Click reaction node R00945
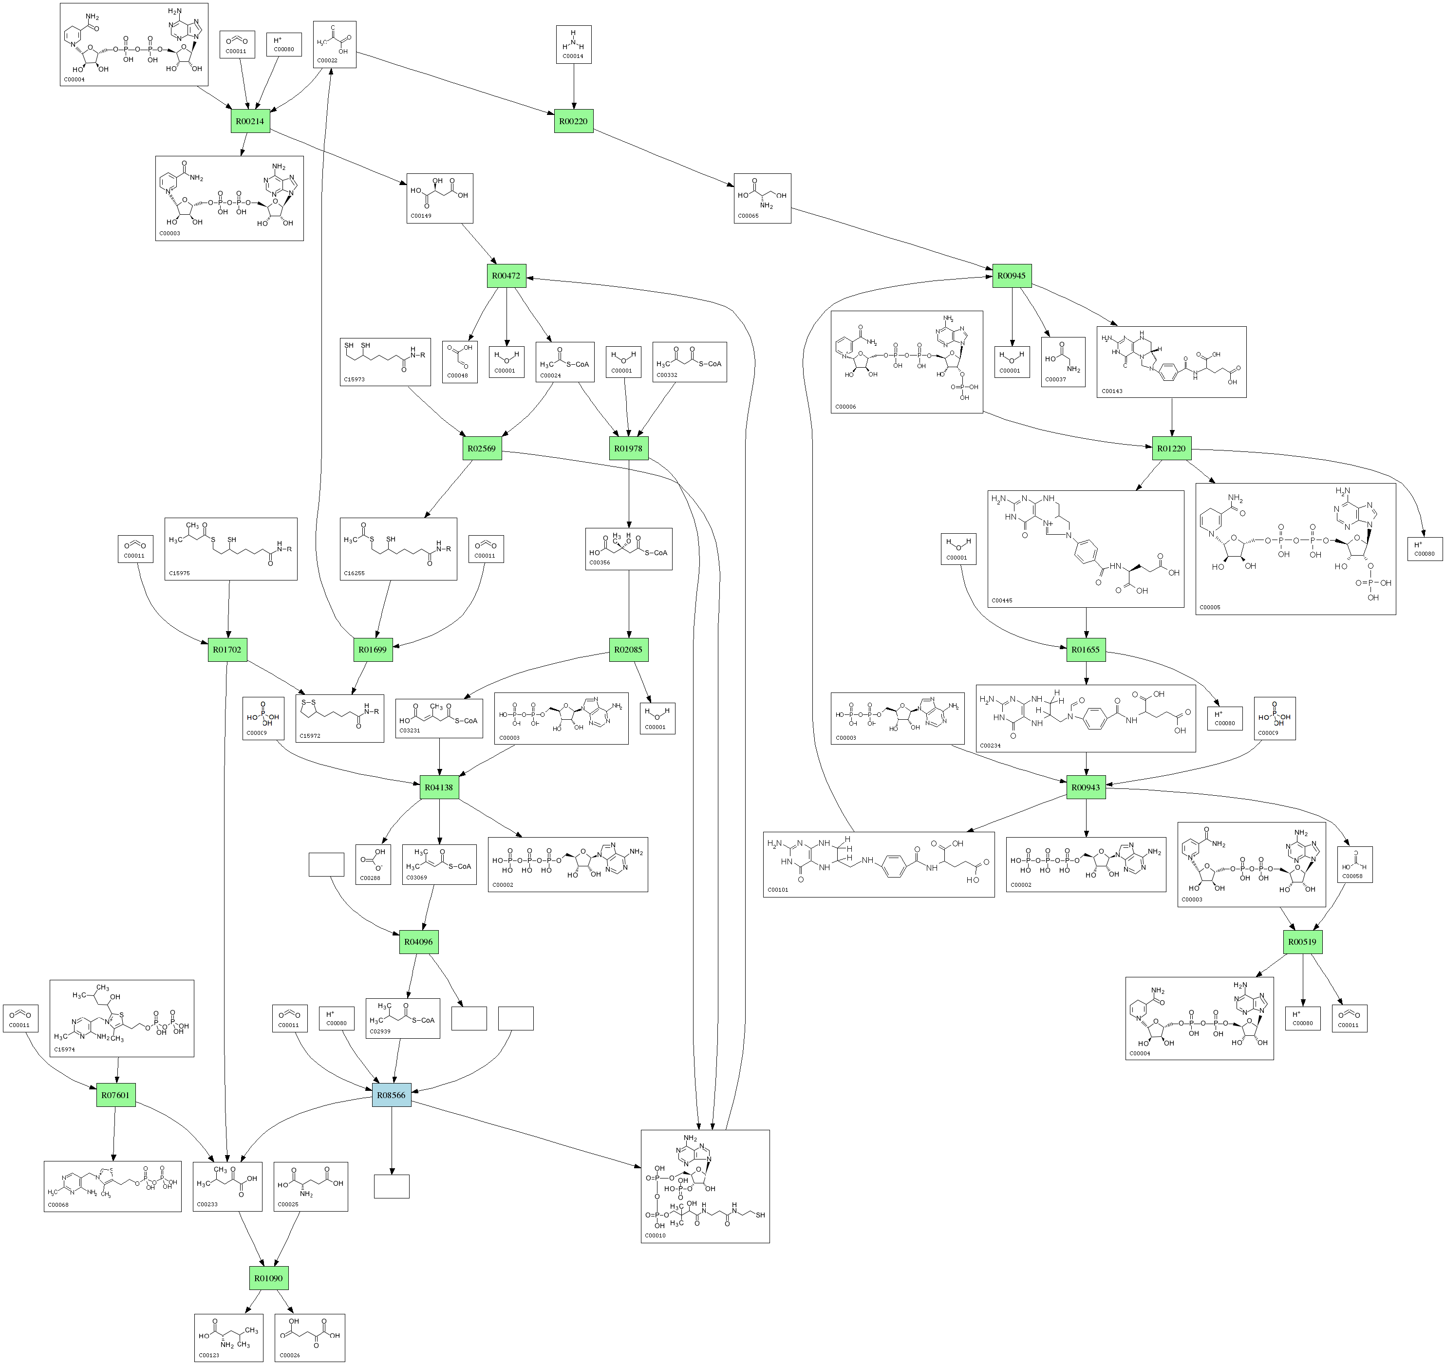(1012, 276)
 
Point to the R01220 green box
(1171, 448)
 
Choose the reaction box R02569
(482, 448)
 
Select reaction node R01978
(628, 448)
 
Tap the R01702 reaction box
(227, 650)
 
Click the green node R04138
(439, 787)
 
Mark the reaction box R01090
(268, 1278)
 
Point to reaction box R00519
(1302, 941)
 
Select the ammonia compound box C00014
(573, 44)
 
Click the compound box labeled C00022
(335, 44)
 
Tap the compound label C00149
(421, 216)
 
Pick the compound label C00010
(656, 1235)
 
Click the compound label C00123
(209, 1356)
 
